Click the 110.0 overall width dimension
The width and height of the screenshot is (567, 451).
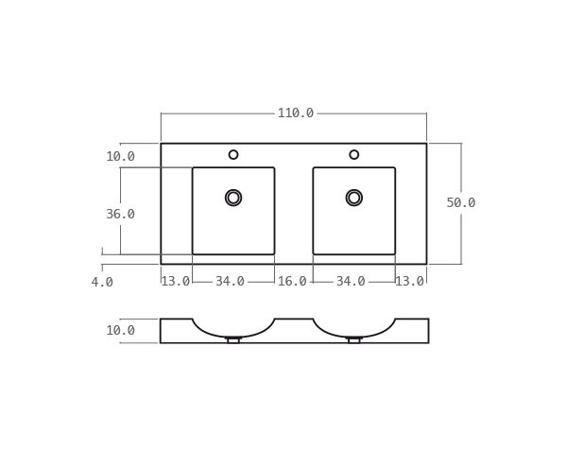click(295, 113)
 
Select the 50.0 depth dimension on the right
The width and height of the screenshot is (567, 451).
click(460, 203)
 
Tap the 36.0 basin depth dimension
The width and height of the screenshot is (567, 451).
click(120, 215)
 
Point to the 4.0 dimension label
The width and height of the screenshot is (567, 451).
click(102, 282)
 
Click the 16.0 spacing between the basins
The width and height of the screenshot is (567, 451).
click(292, 282)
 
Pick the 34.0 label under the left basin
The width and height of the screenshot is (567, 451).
click(230, 282)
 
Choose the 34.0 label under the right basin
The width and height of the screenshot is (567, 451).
click(351, 282)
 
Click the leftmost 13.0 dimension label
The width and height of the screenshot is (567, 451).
click(175, 282)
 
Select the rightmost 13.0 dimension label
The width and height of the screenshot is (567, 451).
click(409, 282)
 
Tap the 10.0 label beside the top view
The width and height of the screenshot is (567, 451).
click(120, 157)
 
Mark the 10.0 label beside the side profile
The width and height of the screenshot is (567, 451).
click(120, 331)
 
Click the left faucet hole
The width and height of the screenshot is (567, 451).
click(233, 155)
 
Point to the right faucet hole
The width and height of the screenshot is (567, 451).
click(354, 155)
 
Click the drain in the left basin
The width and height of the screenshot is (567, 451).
click(233, 198)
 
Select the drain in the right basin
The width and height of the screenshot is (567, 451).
click(354, 198)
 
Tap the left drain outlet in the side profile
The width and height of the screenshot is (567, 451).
click(233, 339)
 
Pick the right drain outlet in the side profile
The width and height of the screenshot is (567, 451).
click(354, 339)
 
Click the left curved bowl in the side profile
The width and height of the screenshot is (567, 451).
click(233, 331)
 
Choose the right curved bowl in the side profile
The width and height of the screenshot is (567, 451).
click(354, 331)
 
